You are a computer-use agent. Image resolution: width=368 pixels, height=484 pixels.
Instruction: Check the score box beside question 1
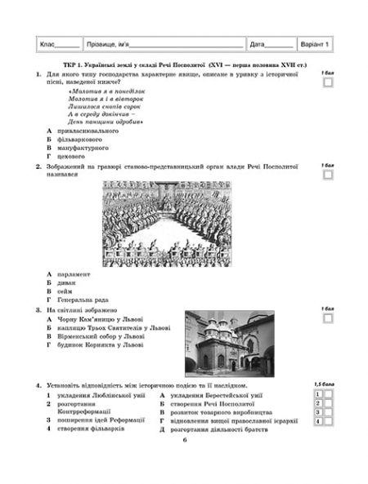[x=328, y=82]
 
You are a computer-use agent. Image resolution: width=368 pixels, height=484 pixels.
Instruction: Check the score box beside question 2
[x=328, y=175]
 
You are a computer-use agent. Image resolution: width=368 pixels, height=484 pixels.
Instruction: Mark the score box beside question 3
[x=328, y=318]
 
